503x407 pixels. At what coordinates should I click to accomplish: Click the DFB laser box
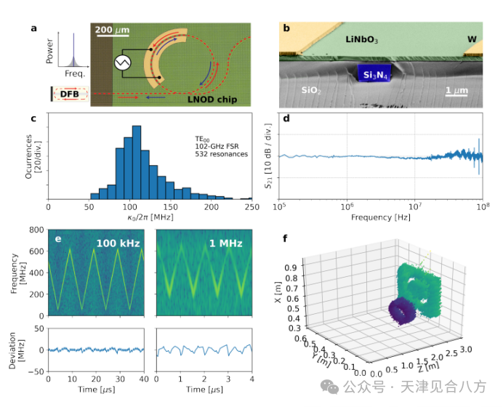[x=69, y=94]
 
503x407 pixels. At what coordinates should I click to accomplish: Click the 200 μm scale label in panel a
[x=113, y=31]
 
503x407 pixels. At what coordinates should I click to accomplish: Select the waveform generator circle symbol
[x=122, y=63]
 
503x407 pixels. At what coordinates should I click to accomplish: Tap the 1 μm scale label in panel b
[x=456, y=90]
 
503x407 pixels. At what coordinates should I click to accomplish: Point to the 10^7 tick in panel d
[x=415, y=207]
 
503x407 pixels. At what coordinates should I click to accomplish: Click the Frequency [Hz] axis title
[x=380, y=217]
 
